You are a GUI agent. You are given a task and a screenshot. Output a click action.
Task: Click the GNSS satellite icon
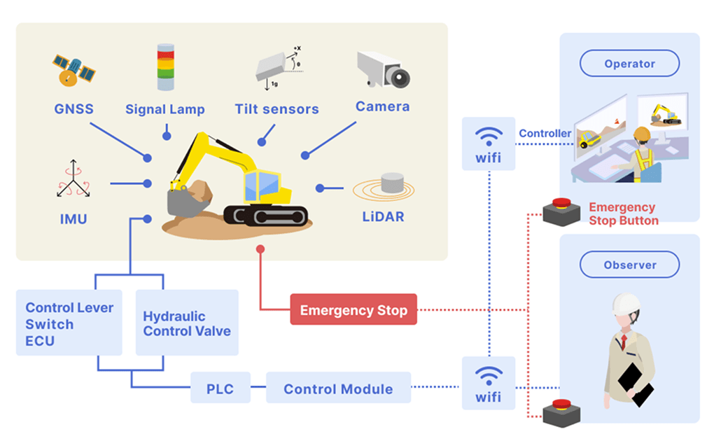(x=73, y=70)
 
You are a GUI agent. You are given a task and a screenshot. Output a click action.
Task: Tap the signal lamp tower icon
(x=165, y=67)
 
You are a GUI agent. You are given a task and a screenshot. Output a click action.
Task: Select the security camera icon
(x=384, y=69)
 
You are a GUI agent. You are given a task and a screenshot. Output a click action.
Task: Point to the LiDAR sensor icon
(x=384, y=188)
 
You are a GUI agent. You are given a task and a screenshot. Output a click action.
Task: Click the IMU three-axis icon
(x=73, y=178)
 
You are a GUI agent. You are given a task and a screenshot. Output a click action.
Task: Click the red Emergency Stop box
(x=353, y=309)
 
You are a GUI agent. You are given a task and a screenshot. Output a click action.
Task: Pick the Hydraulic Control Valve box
(x=187, y=322)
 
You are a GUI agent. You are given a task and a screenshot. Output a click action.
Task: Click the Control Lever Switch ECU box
(x=69, y=322)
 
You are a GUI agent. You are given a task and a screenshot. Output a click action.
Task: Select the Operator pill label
(x=629, y=63)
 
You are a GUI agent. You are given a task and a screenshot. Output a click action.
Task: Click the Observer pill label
(x=629, y=265)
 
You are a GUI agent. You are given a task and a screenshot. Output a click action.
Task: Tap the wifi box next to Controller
(x=489, y=144)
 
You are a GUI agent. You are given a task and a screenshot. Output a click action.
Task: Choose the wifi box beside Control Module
(x=489, y=383)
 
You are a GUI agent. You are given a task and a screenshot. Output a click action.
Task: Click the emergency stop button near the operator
(x=561, y=212)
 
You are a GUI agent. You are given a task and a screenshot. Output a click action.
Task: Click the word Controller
(x=545, y=134)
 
